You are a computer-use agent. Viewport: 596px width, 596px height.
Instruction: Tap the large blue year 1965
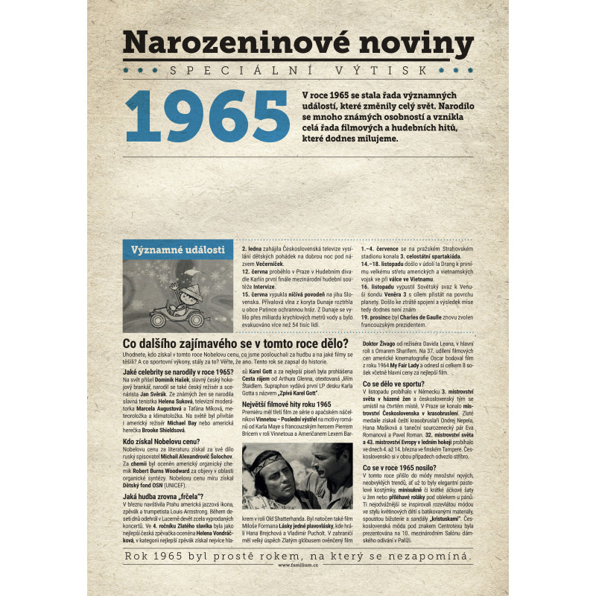pyautogui.click(x=204, y=118)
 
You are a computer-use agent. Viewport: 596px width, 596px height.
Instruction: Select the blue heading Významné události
pyautogui.click(x=177, y=250)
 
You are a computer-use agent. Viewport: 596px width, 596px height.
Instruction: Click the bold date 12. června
pyautogui.click(x=258, y=272)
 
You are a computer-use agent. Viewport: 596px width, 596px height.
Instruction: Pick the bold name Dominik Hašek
pyautogui.click(x=172, y=380)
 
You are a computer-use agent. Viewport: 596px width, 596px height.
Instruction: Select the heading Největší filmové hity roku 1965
pyautogui.click(x=287, y=403)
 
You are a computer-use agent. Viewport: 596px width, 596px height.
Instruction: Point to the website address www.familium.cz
pyautogui.click(x=298, y=564)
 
